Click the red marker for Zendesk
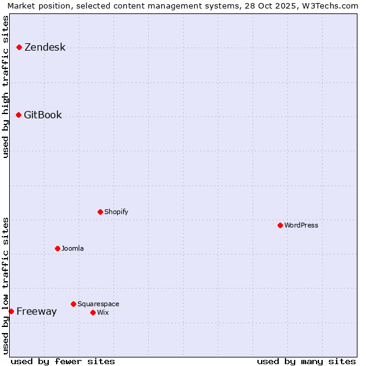pos(19,47)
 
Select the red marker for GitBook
pos(18,115)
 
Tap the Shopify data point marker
pos(100,212)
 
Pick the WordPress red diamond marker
pos(280,225)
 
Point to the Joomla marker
pos(57,248)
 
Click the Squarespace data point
pos(73,304)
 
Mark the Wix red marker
pos(93,312)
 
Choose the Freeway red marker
pos(11,311)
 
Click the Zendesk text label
pos(45,47)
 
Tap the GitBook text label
pos(43,115)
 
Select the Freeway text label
pos(37,311)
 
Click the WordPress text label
pos(301,225)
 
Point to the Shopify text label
pos(116,212)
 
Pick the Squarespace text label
pos(98,304)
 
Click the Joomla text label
pos(73,248)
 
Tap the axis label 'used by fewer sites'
pos(63,361)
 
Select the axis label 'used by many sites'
pos(306,361)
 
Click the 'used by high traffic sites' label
pos(5,87)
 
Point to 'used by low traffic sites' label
pos(5,285)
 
